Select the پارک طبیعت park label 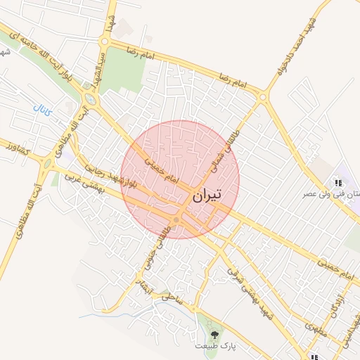(215, 347)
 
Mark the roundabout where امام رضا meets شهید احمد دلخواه (264, 98)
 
